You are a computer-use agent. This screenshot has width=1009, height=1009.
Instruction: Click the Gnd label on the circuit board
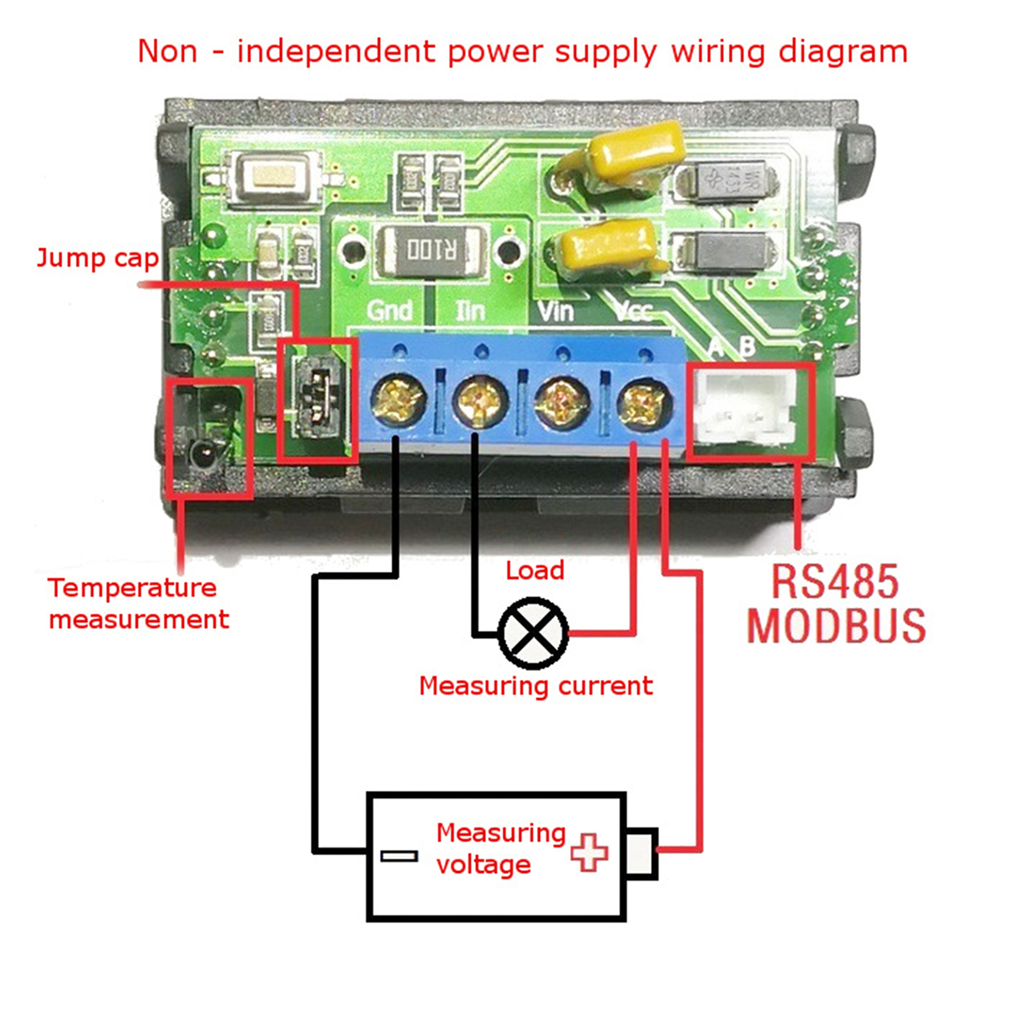point(389,310)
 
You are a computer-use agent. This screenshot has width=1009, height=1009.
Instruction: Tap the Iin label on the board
point(470,311)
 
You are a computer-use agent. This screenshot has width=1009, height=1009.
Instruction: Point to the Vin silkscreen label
point(555,311)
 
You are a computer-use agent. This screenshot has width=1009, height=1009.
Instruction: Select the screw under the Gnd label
point(397,398)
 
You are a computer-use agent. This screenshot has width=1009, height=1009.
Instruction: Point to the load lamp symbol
point(533,632)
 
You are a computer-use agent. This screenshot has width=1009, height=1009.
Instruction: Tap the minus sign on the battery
point(399,856)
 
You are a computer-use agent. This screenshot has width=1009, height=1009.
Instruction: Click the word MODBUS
point(836,626)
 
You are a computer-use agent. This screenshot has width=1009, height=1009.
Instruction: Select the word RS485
point(835,581)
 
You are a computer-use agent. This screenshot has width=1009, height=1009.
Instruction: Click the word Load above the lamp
point(535,571)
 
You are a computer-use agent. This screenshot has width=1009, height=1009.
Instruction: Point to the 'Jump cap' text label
point(98,258)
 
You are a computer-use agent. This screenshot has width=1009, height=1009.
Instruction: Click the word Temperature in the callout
point(132,588)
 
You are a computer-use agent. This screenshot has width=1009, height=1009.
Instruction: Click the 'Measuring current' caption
point(536,686)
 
